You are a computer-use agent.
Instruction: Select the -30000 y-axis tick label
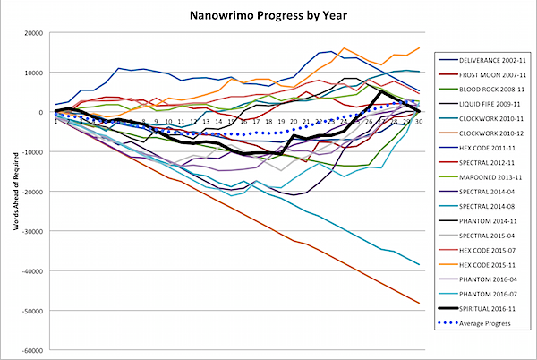pos(37,232)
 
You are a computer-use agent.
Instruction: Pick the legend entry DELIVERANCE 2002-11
pos(482,57)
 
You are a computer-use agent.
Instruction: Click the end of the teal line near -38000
pos(419,265)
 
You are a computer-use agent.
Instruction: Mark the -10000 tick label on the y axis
pos(37,152)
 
